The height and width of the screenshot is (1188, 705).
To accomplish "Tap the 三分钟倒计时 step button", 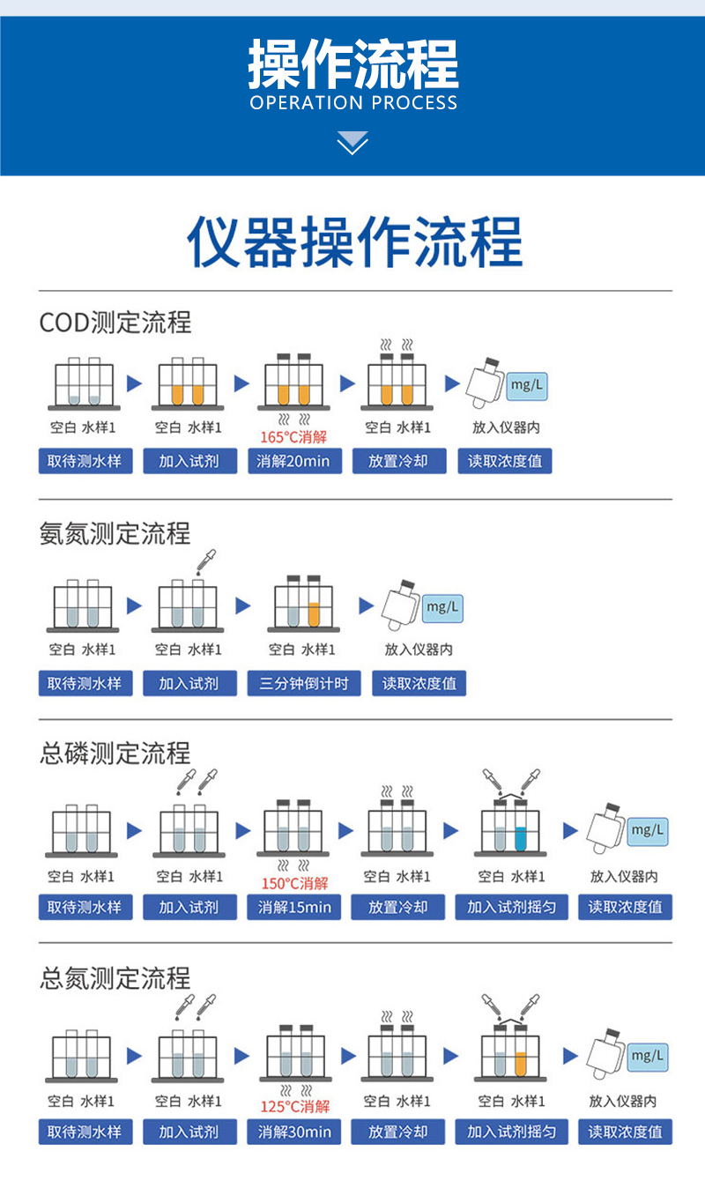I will [304, 683].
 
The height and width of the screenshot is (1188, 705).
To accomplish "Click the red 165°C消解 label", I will [293, 436].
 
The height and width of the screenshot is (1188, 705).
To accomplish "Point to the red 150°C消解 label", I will [294, 883].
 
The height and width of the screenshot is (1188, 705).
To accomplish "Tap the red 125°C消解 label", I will [294, 1107].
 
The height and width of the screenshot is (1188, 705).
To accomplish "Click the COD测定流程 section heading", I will [115, 323].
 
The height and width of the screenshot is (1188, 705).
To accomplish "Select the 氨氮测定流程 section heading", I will [115, 533].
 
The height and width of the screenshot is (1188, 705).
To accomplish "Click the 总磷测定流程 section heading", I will [115, 753].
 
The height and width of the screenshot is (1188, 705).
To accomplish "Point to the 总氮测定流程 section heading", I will [115, 977].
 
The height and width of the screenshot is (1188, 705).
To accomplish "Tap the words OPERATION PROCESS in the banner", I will [353, 103].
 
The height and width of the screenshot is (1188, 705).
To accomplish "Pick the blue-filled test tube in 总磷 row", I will [521, 836].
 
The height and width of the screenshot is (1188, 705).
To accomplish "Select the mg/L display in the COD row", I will [526, 384].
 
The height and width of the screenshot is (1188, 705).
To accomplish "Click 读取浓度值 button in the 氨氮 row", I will [419, 683].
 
